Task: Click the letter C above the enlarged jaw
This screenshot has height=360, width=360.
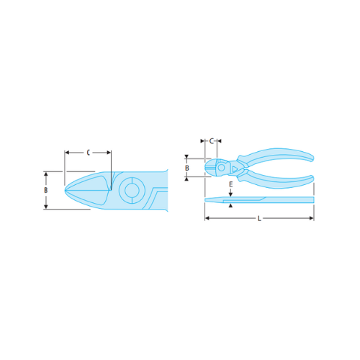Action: (x=87, y=153)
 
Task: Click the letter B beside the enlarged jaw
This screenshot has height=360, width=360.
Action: (x=46, y=191)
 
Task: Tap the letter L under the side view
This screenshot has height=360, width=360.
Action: (x=259, y=217)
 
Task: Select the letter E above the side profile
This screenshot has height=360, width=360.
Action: (x=230, y=184)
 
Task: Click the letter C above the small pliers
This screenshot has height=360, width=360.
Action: (x=212, y=141)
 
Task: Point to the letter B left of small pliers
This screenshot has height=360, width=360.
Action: (x=187, y=168)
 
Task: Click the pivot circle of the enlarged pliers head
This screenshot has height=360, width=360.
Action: (x=132, y=191)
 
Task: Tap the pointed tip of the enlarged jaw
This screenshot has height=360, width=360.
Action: (x=66, y=189)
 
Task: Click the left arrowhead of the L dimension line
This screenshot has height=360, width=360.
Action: (x=207, y=217)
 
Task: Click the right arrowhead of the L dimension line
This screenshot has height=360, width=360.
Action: (x=312, y=217)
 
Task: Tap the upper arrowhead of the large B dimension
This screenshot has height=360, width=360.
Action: (x=46, y=174)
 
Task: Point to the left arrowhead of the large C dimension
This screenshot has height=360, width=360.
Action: (x=67, y=153)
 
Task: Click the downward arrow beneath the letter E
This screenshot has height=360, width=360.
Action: (x=230, y=192)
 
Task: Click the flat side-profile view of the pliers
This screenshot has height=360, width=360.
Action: (x=259, y=199)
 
